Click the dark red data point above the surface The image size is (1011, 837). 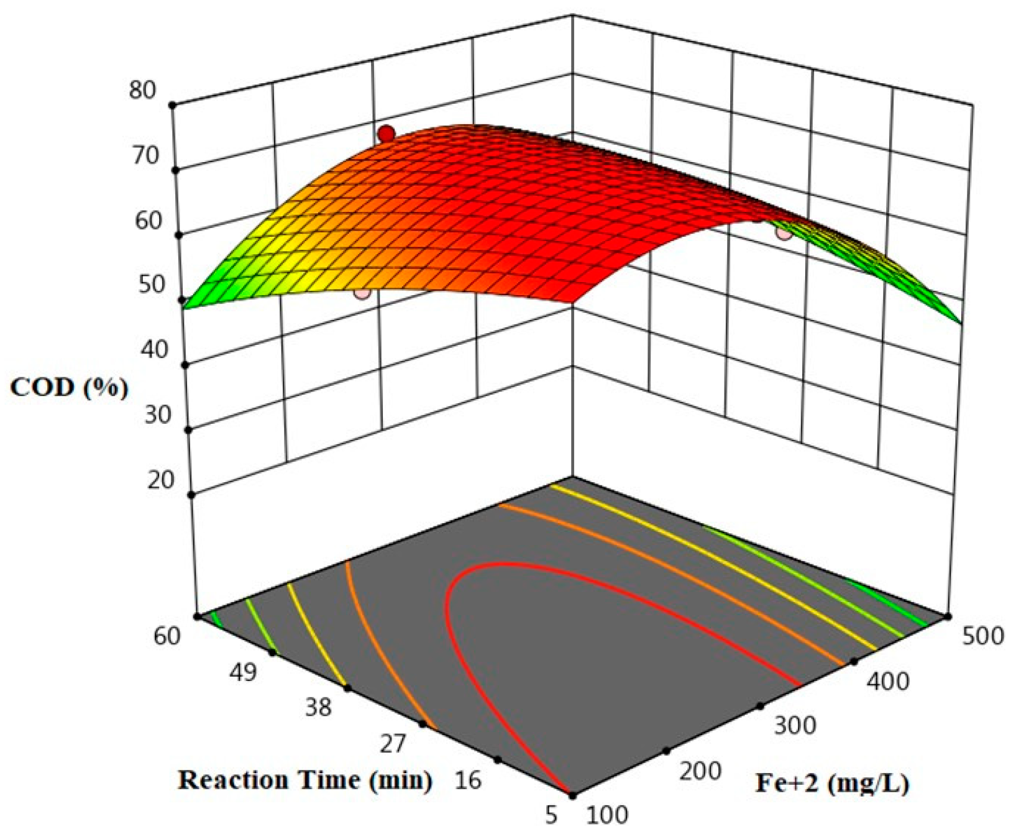point(387,134)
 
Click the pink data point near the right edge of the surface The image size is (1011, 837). point(784,232)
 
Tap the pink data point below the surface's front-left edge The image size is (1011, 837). point(362,293)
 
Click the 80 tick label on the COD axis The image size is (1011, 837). point(142,91)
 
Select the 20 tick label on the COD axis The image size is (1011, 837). point(160,480)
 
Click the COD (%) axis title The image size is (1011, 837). point(69,388)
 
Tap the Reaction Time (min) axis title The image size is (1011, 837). point(305,780)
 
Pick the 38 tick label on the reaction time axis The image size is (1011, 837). point(318,708)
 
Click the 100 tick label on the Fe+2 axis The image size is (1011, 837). point(607,815)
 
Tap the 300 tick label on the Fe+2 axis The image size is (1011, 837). point(795,725)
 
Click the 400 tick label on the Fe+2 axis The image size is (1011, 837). point(887,682)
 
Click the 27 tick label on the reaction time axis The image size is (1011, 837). point(393,744)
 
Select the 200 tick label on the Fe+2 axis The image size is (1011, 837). point(700,771)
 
